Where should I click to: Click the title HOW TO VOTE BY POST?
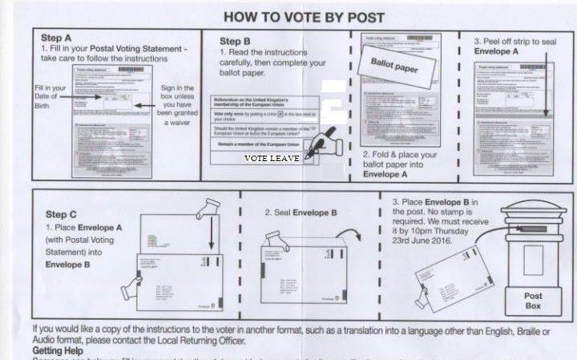[x=304, y=17]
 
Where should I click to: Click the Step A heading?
[x=57, y=38]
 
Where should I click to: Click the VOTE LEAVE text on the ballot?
[x=272, y=159]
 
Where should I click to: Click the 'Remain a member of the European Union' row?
[x=260, y=144]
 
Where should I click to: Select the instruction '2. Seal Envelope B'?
[x=301, y=213]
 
